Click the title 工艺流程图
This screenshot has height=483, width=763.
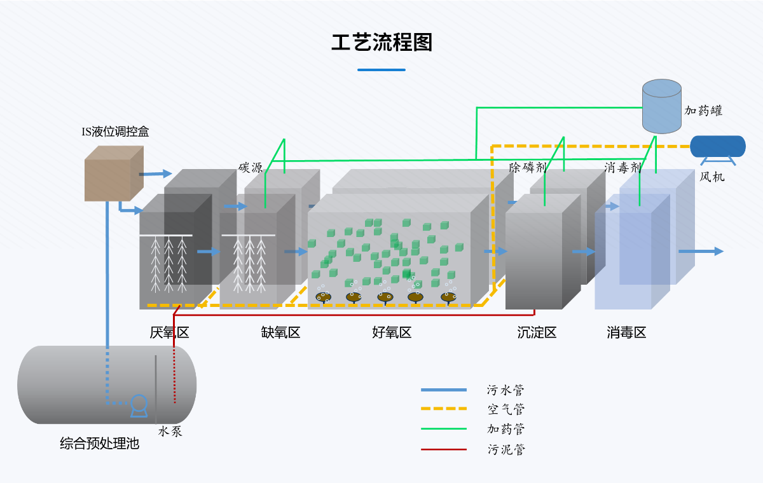(381, 43)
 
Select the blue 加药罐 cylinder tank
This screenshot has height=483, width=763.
(661, 106)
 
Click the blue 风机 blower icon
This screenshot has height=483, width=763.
(717, 147)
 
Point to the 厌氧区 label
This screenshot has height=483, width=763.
(169, 332)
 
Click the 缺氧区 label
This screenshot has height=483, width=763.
(280, 332)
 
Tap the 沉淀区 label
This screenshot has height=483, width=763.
(537, 332)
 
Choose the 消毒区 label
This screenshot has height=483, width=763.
(626, 332)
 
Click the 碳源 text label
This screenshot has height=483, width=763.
(251, 168)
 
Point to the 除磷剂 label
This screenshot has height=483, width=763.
(528, 167)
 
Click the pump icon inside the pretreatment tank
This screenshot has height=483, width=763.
(139, 405)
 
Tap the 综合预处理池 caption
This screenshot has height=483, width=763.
(99, 444)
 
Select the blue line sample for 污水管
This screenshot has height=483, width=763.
(444, 390)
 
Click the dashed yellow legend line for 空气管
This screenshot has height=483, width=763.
(444, 409)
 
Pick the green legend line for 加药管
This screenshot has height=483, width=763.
(444, 429)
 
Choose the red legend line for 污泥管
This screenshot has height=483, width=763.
(444, 449)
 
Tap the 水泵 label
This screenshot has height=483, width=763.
(170, 431)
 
